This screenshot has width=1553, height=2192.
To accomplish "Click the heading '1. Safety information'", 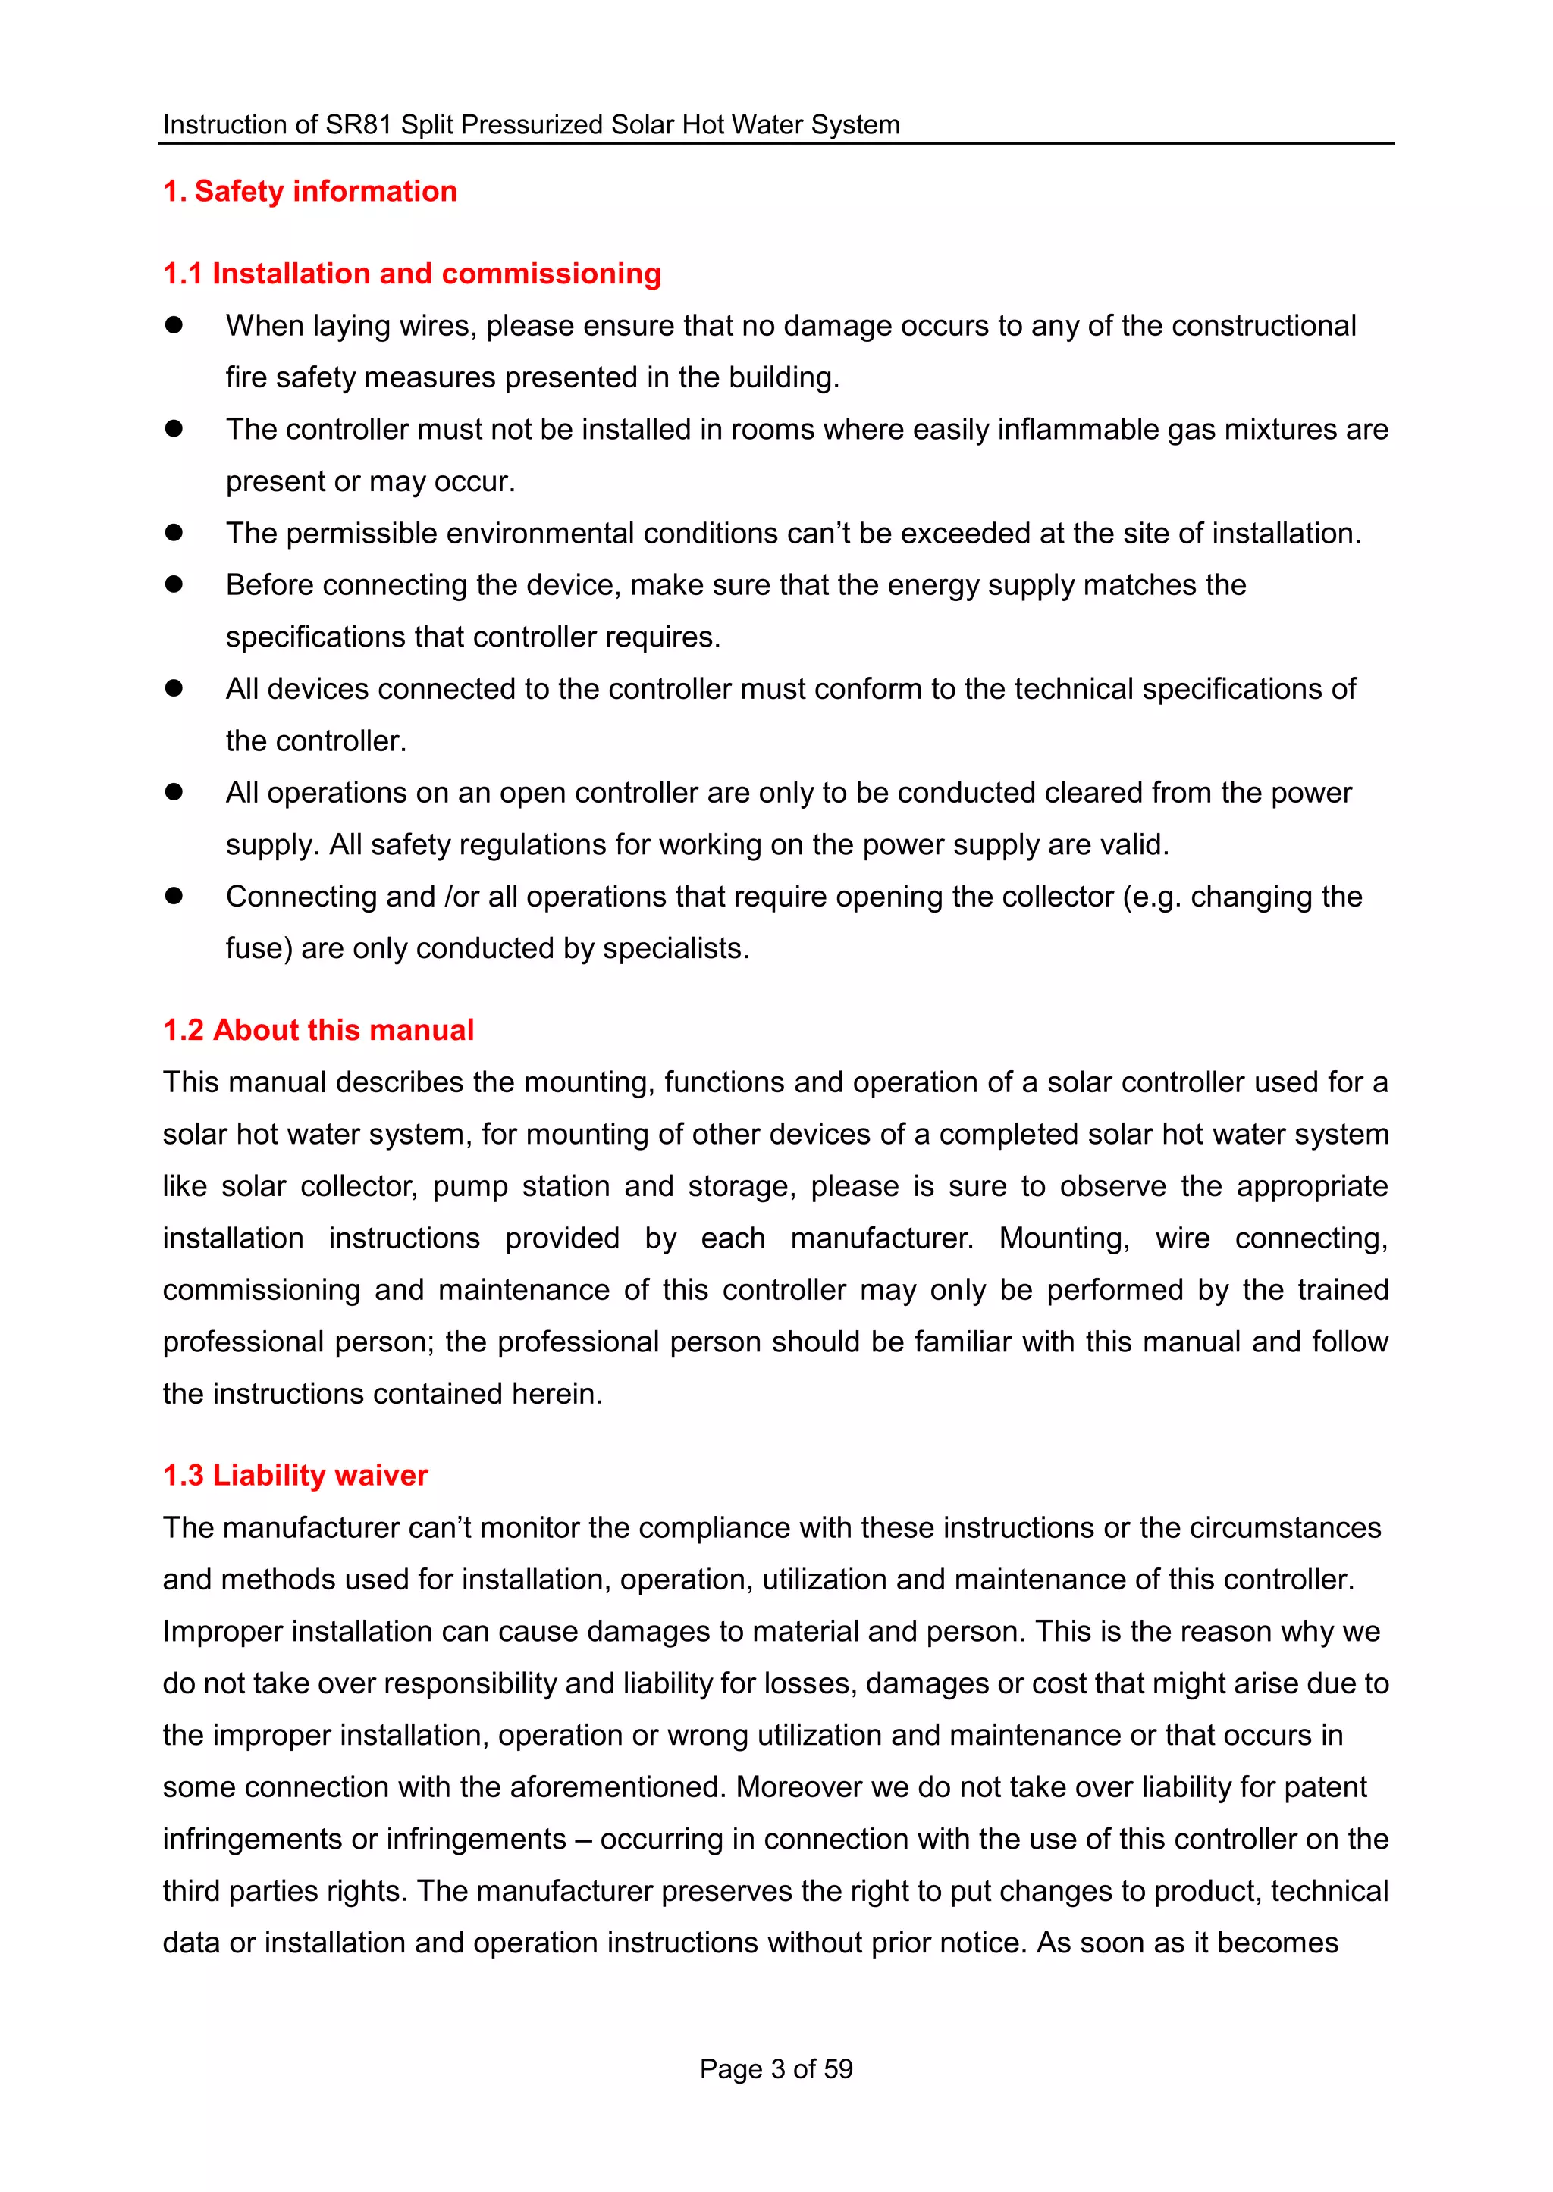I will [x=310, y=191].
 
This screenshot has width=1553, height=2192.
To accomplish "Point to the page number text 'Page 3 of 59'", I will [x=776, y=2068].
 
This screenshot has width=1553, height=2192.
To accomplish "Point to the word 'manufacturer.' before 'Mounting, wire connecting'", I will [x=882, y=1238].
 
